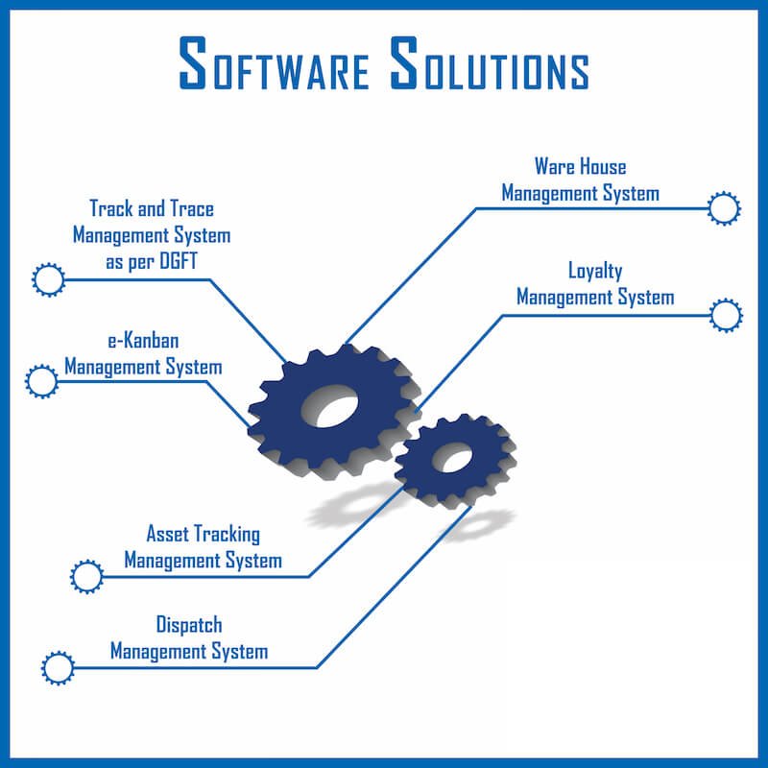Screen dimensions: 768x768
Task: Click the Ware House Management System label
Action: pyautogui.click(x=580, y=180)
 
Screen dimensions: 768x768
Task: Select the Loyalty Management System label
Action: pyautogui.click(x=595, y=284)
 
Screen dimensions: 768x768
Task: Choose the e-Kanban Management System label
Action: pyautogui.click(x=143, y=353)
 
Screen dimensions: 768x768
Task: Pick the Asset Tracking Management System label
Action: pyautogui.click(x=203, y=546)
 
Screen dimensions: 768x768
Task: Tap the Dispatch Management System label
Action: pyautogui.click(x=189, y=638)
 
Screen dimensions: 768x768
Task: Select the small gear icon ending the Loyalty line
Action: pyautogui.click(x=726, y=314)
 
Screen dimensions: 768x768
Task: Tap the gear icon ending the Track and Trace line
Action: pyautogui.click(x=47, y=279)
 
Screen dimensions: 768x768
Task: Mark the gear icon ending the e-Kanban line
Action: pyautogui.click(x=41, y=381)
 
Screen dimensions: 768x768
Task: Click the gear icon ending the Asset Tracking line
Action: pyautogui.click(x=86, y=577)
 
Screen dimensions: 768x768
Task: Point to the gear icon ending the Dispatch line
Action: pyautogui.click(x=58, y=667)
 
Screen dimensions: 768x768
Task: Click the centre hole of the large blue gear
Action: pyautogui.click(x=330, y=409)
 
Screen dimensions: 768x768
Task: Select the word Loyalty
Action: pyautogui.click(x=595, y=272)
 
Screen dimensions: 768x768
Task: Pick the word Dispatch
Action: pyautogui.click(x=189, y=626)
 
